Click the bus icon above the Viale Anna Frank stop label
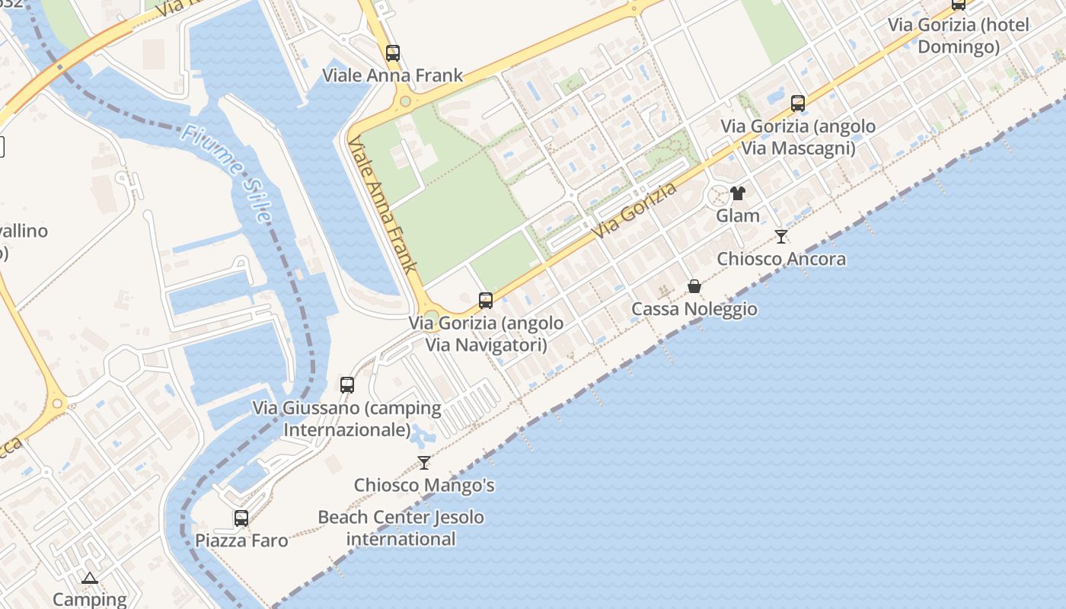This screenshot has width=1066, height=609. tap(393, 53)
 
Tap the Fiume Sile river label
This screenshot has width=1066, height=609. tap(226, 174)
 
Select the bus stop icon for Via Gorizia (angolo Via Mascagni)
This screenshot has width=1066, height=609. tap(798, 104)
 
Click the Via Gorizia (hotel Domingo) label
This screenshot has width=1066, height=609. tap(958, 36)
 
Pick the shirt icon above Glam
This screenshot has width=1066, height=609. tap(737, 193)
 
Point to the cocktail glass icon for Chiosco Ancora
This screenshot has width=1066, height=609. tap(780, 237)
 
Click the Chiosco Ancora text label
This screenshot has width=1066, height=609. tap(781, 259)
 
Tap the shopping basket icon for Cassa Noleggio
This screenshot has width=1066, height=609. tap(694, 286)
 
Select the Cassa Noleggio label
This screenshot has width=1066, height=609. tap(694, 308)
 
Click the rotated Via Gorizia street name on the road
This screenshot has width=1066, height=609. tap(635, 210)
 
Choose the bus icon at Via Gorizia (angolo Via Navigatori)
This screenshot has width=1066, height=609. tap(486, 301)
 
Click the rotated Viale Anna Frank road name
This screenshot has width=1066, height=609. tap(384, 205)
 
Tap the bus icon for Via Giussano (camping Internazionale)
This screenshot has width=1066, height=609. tap(347, 385)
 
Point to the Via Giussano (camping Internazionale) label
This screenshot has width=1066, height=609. tap(347, 419)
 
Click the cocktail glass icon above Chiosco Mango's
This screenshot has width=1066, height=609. tap(424, 463)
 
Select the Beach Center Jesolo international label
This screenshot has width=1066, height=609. tap(401, 528)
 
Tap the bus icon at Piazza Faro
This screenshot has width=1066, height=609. tap(241, 518)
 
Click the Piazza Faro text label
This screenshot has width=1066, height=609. tap(241, 540)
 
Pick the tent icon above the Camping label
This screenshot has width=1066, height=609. tap(90, 578)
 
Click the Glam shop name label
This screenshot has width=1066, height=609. tap(738, 215)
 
